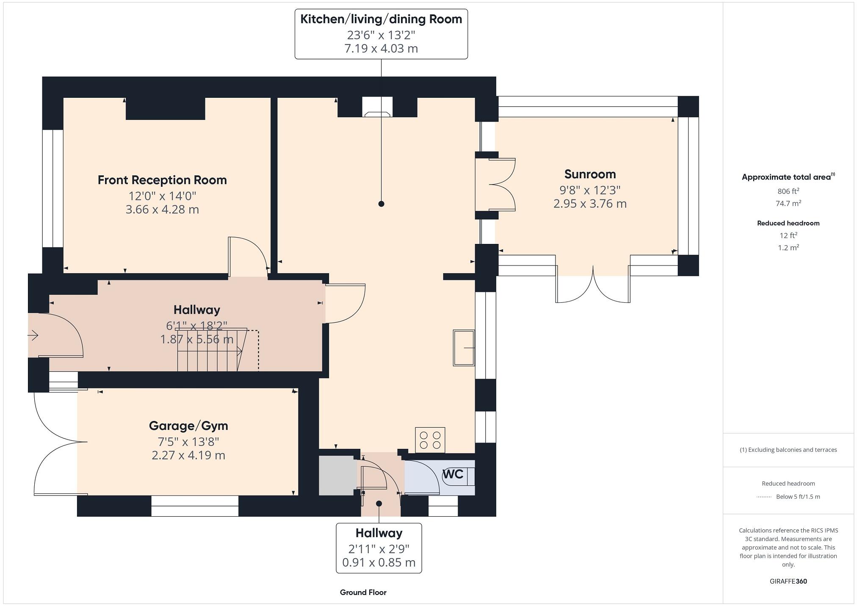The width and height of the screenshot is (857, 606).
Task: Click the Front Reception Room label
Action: (162, 180)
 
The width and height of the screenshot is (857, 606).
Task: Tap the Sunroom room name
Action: (590, 174)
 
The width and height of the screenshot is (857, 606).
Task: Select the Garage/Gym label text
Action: (188, 426)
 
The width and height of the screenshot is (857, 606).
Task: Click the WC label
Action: (453, 474)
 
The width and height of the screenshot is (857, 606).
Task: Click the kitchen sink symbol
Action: (464, 348)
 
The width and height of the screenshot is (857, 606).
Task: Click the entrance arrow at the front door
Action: (33, 336)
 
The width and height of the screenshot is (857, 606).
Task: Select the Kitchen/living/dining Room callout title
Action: (381, 19)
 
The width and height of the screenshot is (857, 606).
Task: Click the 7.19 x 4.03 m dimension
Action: (381, 48)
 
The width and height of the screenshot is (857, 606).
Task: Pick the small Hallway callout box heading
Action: (379, 533)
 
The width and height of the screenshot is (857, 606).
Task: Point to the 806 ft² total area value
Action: (788, 191)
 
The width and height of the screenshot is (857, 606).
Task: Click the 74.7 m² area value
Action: (788, 203)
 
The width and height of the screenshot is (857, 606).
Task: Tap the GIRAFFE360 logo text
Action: (788, 581)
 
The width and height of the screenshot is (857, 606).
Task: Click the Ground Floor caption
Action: (363, 592)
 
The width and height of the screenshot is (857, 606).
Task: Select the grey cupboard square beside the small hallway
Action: (337, 475)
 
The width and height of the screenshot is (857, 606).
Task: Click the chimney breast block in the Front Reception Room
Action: (166, 108)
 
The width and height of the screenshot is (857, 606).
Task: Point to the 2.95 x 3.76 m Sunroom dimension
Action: (590, 204)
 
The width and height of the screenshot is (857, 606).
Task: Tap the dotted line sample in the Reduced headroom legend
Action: (764, 497)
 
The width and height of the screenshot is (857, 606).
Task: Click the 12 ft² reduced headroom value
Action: (788, 235)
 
